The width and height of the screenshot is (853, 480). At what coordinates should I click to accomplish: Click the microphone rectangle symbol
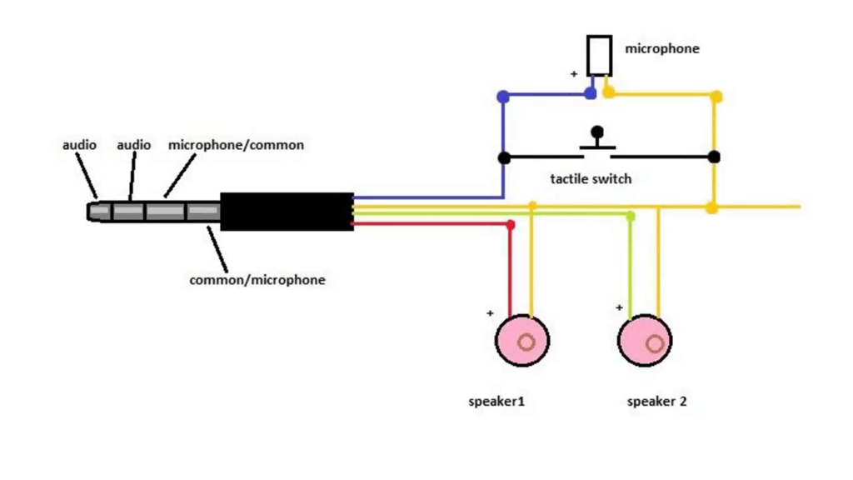(599, 56)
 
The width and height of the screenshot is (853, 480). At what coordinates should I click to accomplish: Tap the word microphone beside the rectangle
(662, 48)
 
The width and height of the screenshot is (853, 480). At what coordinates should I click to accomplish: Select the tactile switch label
(591, 178)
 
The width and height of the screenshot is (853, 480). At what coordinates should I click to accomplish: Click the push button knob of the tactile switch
(597, 132)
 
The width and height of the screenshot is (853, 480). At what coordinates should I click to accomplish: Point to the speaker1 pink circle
(522, 340)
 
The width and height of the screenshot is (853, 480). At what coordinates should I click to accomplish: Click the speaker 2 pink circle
(645, 341)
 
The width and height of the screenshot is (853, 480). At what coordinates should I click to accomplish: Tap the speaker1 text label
(496, 402)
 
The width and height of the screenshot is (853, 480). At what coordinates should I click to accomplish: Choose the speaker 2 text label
(656, 402)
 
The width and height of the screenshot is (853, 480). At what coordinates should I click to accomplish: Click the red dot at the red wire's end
(511, 225)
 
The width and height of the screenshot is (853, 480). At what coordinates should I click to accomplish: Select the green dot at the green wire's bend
(631, 217)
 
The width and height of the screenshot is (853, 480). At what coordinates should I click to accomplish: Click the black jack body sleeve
(286, 212)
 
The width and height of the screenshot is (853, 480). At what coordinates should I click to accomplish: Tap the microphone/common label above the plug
(236, 145)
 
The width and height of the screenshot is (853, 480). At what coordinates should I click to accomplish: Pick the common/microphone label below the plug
(257, 280)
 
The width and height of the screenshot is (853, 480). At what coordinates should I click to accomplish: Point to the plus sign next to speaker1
(490, 314)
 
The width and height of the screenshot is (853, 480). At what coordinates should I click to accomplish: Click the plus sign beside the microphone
(574, 74)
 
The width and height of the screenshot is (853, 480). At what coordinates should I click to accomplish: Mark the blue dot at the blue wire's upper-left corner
(502, 97)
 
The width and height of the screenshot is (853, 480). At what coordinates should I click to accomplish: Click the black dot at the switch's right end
(714, 157)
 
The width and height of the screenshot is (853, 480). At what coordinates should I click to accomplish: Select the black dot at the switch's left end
(503, 157)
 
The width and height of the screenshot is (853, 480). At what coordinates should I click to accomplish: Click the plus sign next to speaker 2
(619, 307)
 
